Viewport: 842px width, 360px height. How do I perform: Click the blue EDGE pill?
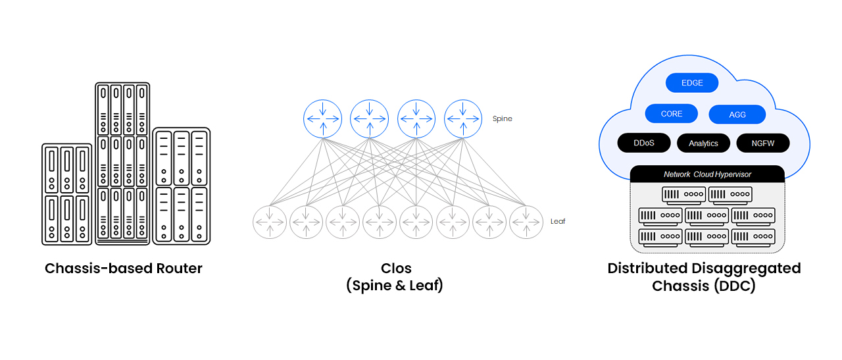pos(691,83)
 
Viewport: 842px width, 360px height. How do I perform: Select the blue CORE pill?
pos(671,114)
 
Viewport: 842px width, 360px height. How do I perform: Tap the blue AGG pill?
pos(737,115)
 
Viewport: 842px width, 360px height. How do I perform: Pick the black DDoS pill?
pos(644,143)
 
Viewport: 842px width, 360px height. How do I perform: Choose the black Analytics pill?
pos(703,143)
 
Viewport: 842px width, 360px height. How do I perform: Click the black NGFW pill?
pos(762,143)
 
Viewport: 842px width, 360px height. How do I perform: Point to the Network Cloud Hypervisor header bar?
pos(707,174)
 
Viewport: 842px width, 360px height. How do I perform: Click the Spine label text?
pos(502,119)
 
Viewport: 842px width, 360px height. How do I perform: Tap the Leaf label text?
pos(557,222)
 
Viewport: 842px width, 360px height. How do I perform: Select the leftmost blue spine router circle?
pos(322,119)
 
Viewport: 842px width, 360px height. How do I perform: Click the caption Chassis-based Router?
pos(124,269)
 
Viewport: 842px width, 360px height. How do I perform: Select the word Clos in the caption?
pos(396,269)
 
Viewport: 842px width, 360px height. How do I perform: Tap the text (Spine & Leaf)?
pos(395,286)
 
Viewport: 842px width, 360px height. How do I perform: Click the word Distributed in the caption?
pos(647,269)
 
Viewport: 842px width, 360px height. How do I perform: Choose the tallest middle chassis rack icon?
pos(122,163)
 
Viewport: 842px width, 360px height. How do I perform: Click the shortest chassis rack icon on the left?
pos(66,194)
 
